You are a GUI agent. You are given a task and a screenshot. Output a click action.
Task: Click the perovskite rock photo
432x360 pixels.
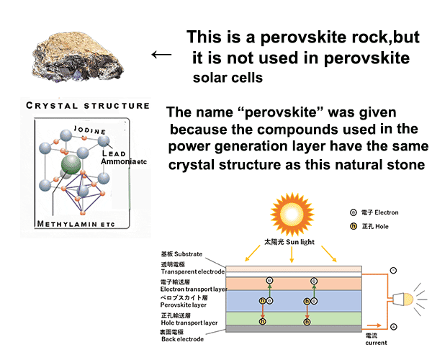coord(78,57)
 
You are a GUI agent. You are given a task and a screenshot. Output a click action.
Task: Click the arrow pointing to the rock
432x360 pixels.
coord(161,55)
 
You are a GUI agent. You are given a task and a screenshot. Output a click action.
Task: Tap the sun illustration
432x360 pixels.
coord(292,214)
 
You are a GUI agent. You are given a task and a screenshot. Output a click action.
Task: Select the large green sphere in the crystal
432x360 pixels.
coord(71,164)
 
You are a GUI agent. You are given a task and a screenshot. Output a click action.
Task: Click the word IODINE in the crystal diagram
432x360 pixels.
coord(90,130)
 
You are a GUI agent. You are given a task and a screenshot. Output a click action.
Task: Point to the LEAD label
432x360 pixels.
coord(114,153)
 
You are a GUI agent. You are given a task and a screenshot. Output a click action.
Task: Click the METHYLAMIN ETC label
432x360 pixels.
coord(76,224)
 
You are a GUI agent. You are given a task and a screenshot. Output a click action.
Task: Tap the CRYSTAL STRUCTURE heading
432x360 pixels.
coord(88,106)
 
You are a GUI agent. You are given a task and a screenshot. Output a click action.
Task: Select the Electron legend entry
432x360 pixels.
coord(374,212)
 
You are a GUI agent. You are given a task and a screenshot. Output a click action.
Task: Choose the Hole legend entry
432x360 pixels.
coord(369,226)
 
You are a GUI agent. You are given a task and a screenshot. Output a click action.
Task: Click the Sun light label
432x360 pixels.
coord(289,242)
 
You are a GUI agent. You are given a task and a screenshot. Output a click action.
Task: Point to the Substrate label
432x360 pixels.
coord(181,254)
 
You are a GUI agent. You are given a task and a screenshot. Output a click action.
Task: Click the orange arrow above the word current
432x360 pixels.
coord(374,325)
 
